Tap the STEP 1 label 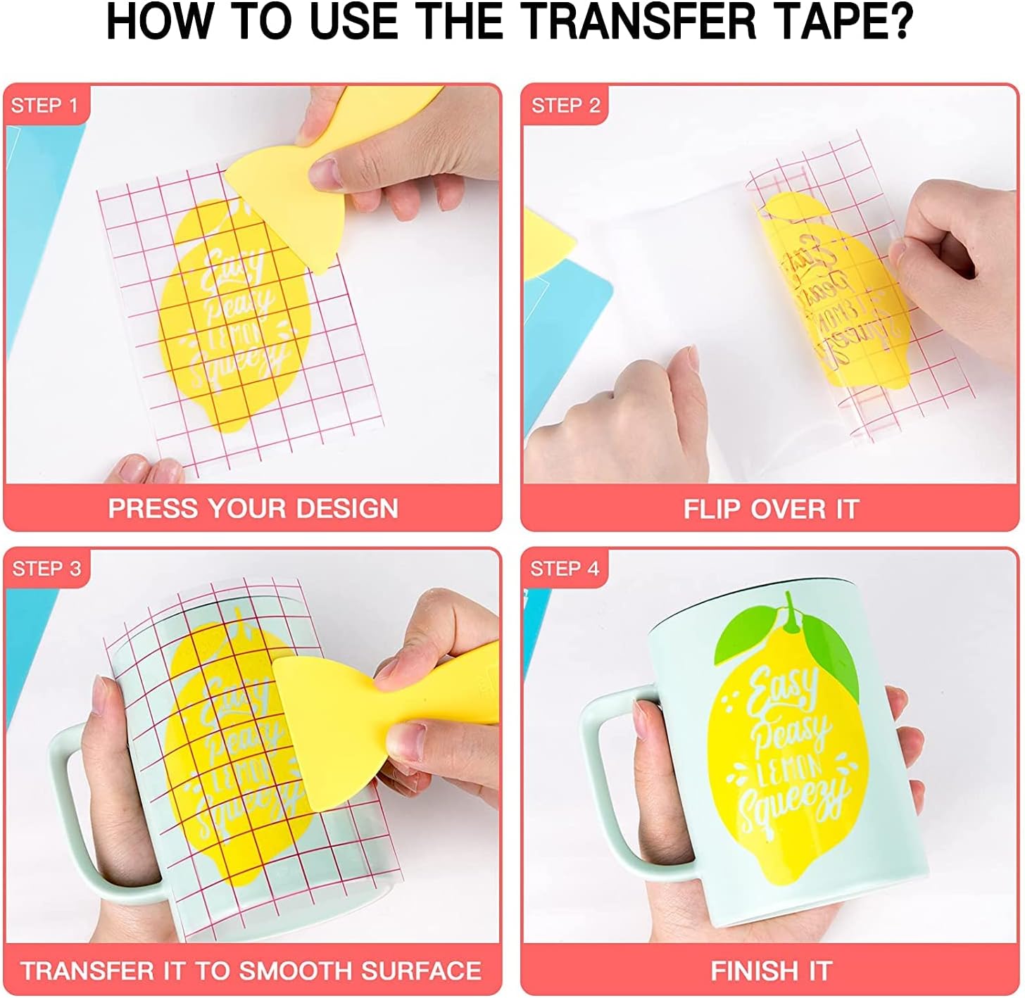44,106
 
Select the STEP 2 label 565,106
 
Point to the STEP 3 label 46,569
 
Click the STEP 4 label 565,569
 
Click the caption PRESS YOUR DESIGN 253,508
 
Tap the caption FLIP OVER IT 771,508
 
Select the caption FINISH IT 771,971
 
